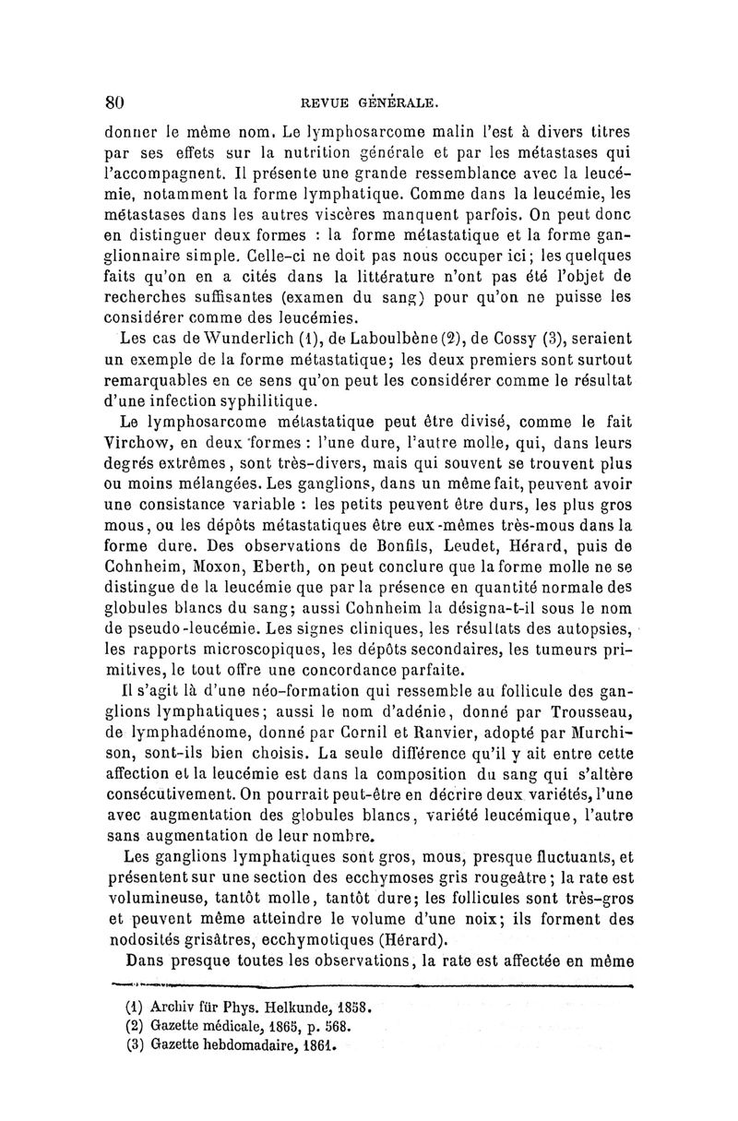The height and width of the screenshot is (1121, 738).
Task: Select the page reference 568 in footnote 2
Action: (x=339, y=1026)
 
